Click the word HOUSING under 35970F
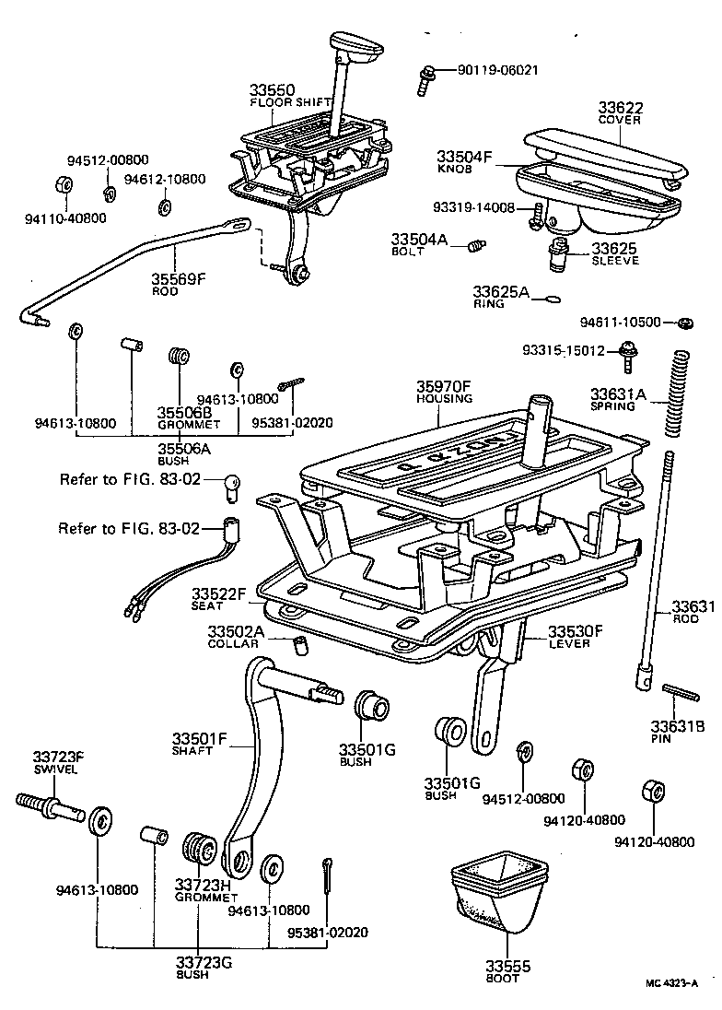[x=443, y=399]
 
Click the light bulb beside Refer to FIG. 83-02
[x=233, y=484]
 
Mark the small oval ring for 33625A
[x=552, y=298]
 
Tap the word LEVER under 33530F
[x=568, y=643]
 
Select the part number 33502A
[x=236, y=631]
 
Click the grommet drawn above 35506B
[x=179, y=357]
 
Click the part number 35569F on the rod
[x=178, y=279]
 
